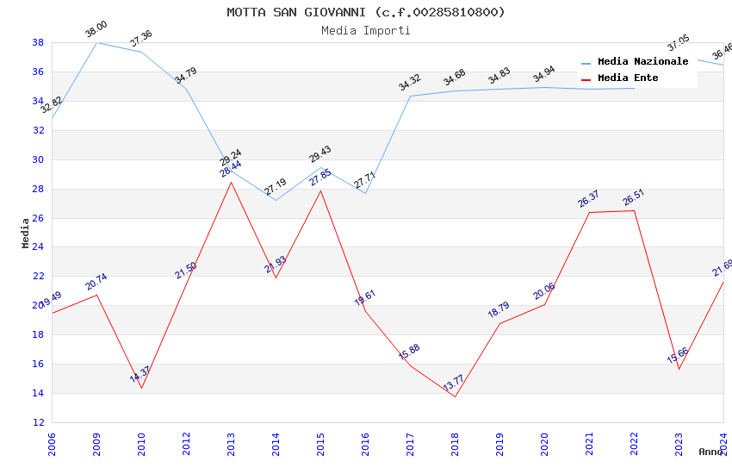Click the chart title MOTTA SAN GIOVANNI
coord(366,12)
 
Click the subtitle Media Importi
coord(366,30)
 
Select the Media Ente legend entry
coord(628,78)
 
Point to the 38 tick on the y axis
coord(38,42)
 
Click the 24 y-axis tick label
coord(38,247)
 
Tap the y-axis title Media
coord(26,233)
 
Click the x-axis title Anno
coord(710,452)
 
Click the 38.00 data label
coord(96,31)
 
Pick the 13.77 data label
coord(454,384)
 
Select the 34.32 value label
coord(409,84)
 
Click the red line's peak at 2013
coord(231,182)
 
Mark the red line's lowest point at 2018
coord(455,396)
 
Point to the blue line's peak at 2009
coord(96,42)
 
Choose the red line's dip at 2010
coord(141,388)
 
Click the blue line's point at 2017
coord(410,96)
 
